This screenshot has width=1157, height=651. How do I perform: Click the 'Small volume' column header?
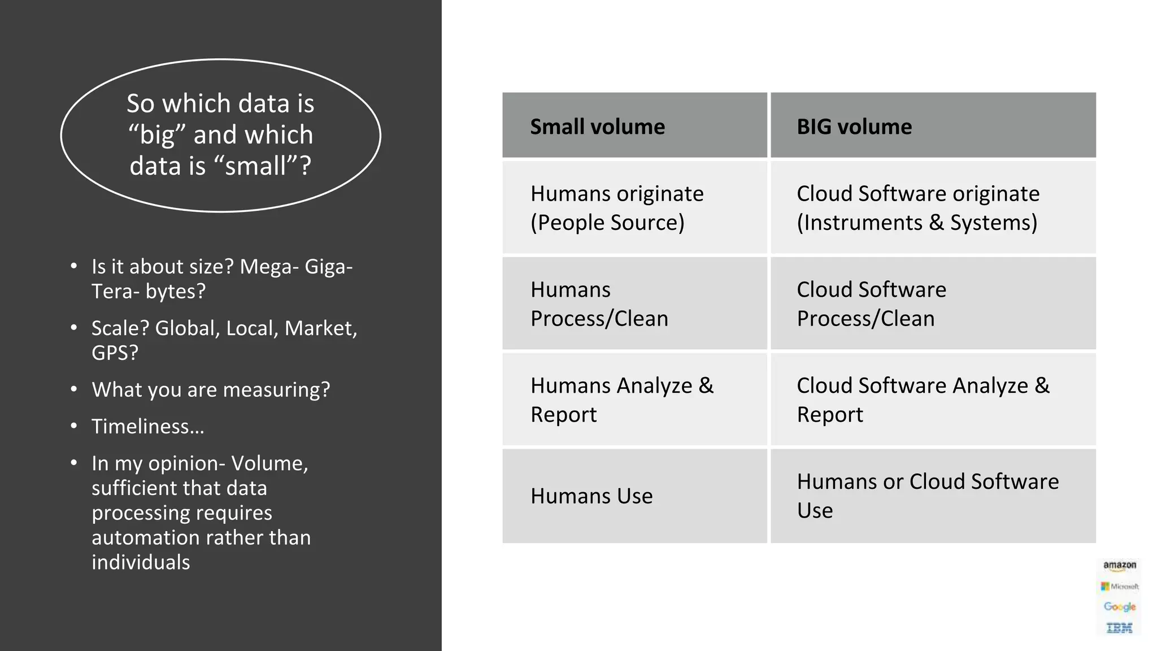pyautogui.click(x=597, y=127)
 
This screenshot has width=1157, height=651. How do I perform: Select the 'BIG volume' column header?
pyautogui.click(x=854, y=127)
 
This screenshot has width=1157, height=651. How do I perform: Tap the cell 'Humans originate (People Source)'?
pyautogui.click(x=617, y=208)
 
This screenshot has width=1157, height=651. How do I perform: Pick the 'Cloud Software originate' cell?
pyautogui.click(x=917, y=208)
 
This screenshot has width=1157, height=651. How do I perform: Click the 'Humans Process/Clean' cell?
pyautogui.click(x=599, y=304)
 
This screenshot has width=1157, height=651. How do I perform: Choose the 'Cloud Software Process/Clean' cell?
pyautogui.click(x=871, y=304)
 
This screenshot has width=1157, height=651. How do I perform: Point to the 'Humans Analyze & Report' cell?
pyautogui.click(x=621, y=400)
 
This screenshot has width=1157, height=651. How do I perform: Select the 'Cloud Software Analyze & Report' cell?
pyautogui.click(x=923, y=400)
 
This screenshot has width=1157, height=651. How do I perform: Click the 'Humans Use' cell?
pyautogui.click(x=591, y=496)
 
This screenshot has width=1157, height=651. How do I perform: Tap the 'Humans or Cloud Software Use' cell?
pyautogui.click(x=927, y=496)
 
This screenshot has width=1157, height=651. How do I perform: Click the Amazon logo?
pyautogui.click(x=1119, y=566)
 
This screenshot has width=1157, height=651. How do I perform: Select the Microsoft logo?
pyautogui.click(x=1119, y=587)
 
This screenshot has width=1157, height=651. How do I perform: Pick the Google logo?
pyautogui.click(x=1119, y=607)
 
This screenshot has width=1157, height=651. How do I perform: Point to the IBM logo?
pyautogui.click(x=1119, y=628)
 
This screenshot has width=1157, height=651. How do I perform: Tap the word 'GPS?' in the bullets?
pyautogui.click(x=115, y=353)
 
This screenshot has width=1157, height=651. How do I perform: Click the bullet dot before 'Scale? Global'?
pyautogui.click(x=74, y=328)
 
